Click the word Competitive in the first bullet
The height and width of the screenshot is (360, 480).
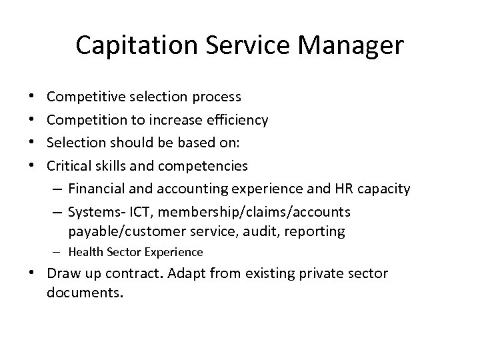click(82, 97)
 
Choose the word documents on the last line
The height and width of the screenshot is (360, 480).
click(86, 293)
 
